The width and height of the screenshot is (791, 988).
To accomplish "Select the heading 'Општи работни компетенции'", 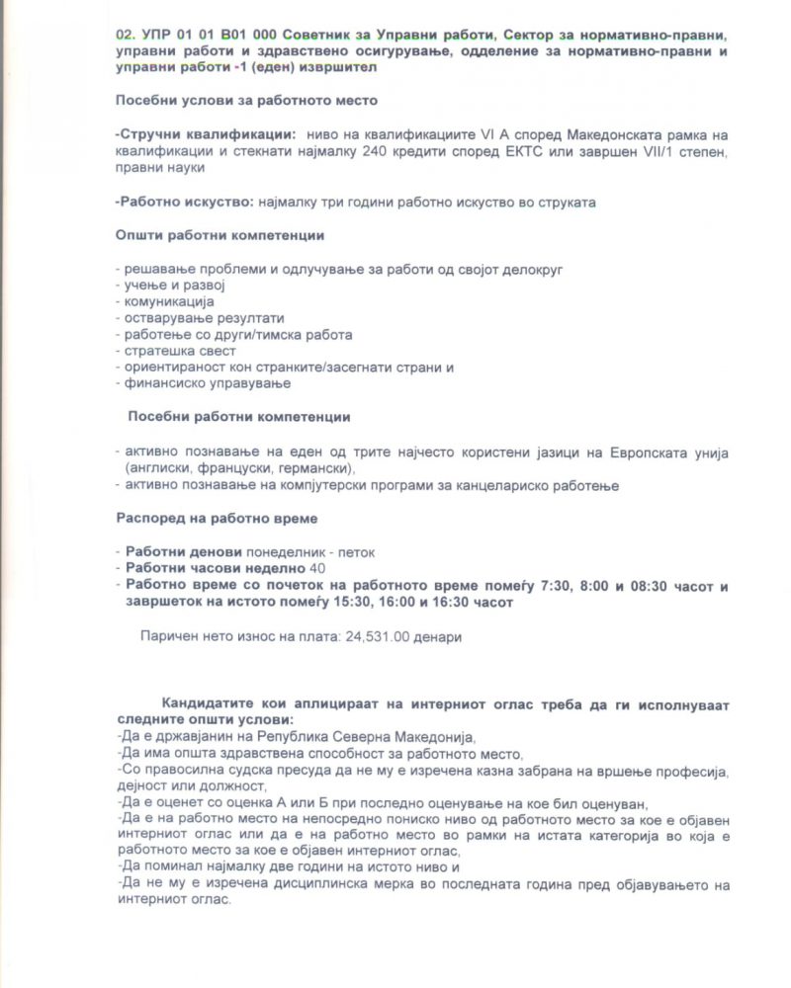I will (x=220, y=236).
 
